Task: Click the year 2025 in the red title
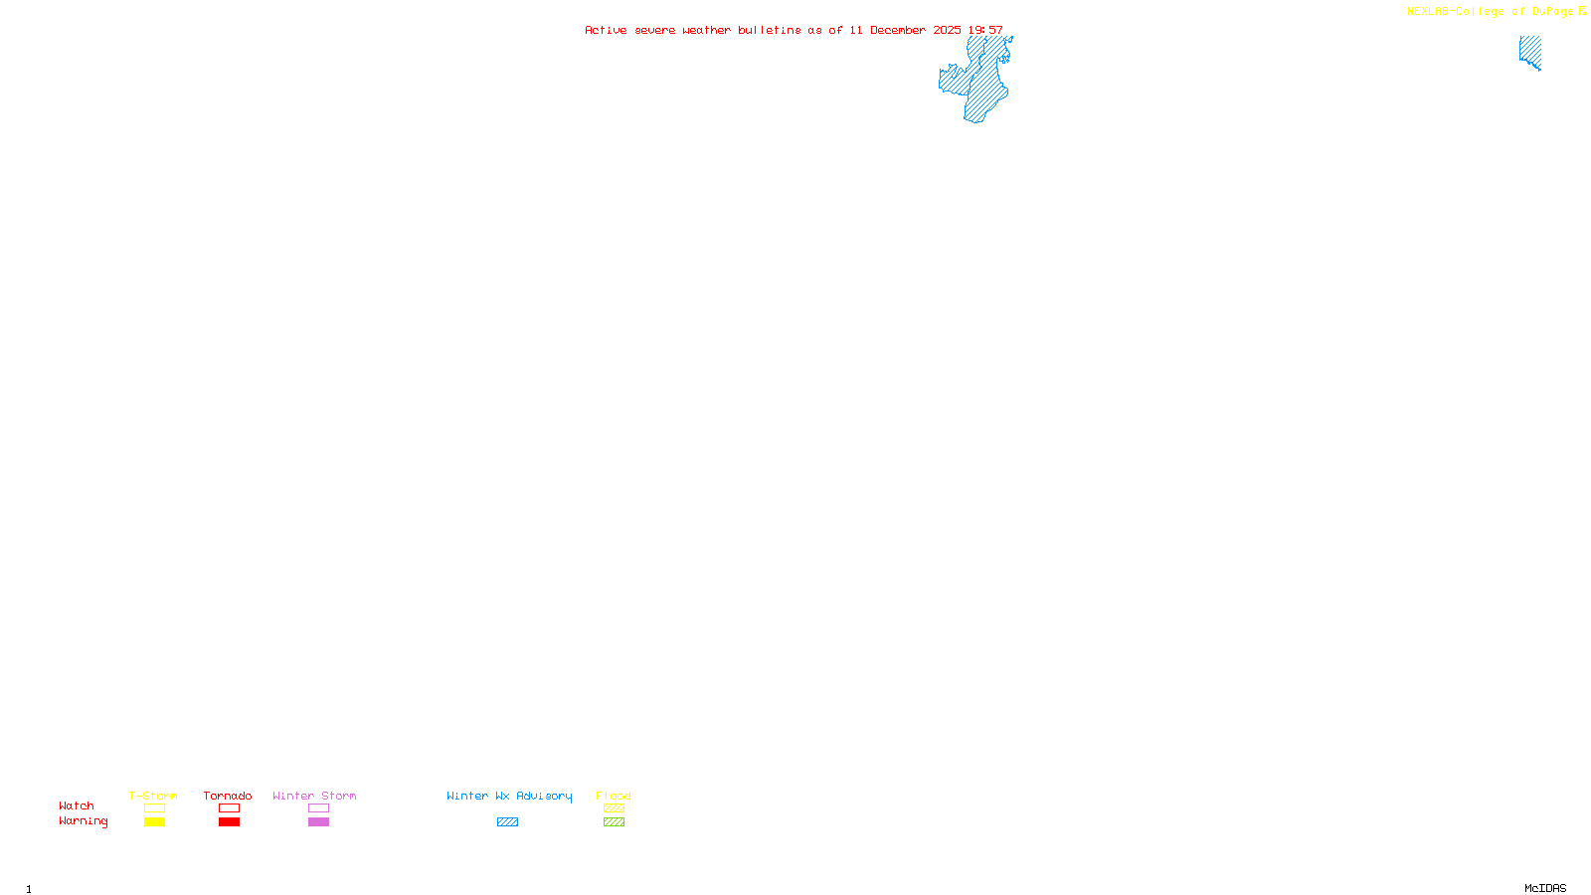point(947,31)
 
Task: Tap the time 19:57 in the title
point(985,31)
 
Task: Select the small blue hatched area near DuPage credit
point(1530,51)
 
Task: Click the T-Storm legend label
point(153,796)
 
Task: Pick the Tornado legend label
point(228,796)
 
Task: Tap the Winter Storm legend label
point(314,796)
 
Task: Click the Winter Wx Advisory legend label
point(509,796)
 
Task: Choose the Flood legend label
point(614,796)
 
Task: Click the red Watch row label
point(77,806)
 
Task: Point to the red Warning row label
point(83,821)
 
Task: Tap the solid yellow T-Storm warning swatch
point(154,822)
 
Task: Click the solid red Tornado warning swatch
point(229,822)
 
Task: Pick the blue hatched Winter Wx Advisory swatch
point(507,822)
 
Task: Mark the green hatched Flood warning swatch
point(614,822)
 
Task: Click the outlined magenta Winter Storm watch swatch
point(318,808)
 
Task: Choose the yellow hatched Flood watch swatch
point(614,808)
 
